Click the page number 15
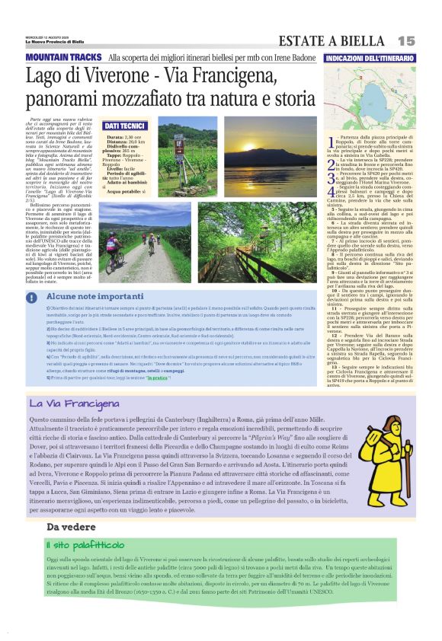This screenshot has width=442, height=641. click(406, 40)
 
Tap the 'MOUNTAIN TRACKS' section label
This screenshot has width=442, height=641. click(64, 58)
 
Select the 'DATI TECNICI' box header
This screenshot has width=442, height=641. click(124, 125)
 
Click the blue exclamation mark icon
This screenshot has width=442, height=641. click(32, 298)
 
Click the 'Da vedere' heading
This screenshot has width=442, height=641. click(68, 527)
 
